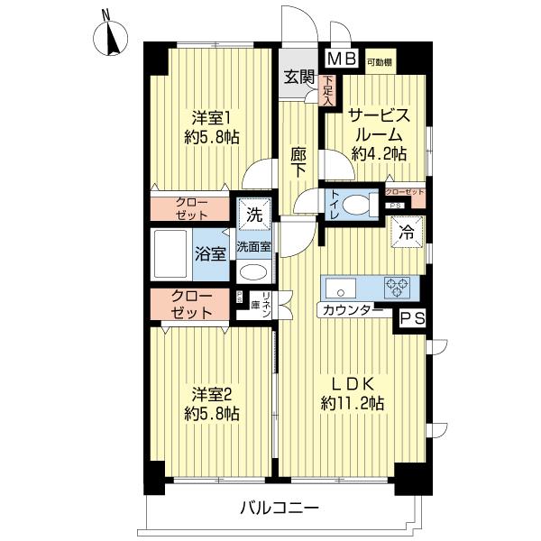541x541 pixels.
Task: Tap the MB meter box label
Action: coord(341,60)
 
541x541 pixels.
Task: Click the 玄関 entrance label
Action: coord(299,77)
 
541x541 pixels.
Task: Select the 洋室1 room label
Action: coord(213,128)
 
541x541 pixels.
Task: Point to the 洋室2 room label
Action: coord(213,403)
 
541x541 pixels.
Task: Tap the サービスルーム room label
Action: coord(379,133)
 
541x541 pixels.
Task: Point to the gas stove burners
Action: coord(398,288)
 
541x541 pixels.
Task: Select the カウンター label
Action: coord(348,312)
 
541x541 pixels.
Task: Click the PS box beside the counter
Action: coord(410,316)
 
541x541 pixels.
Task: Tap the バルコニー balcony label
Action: coord(280,509)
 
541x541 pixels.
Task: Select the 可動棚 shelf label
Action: coord(380,61)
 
